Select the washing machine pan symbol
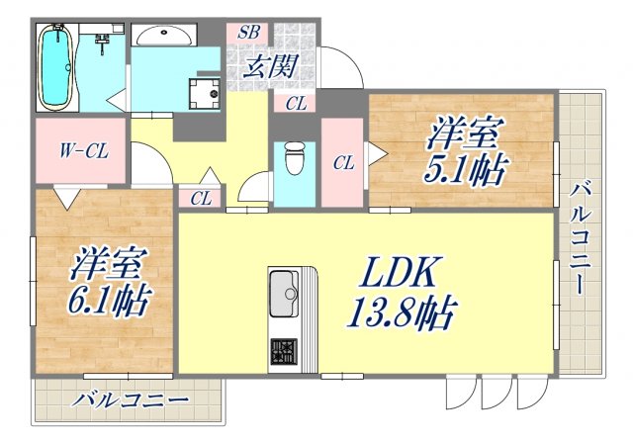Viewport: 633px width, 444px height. tap(206, 91)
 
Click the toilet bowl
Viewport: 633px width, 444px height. tap(293, 158)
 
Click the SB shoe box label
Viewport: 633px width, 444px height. tap(248, 32)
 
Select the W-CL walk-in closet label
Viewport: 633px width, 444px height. tap(82, 152)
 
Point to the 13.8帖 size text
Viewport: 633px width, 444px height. tap(400, 315)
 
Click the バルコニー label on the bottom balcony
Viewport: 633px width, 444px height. tap(130, 401)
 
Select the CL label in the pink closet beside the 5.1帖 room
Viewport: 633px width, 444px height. tap(343, 163)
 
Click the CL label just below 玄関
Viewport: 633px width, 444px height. tap(296, 103)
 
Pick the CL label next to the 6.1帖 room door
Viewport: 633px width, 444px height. tap(201, 198)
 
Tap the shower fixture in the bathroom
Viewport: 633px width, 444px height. tap(102, 42)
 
